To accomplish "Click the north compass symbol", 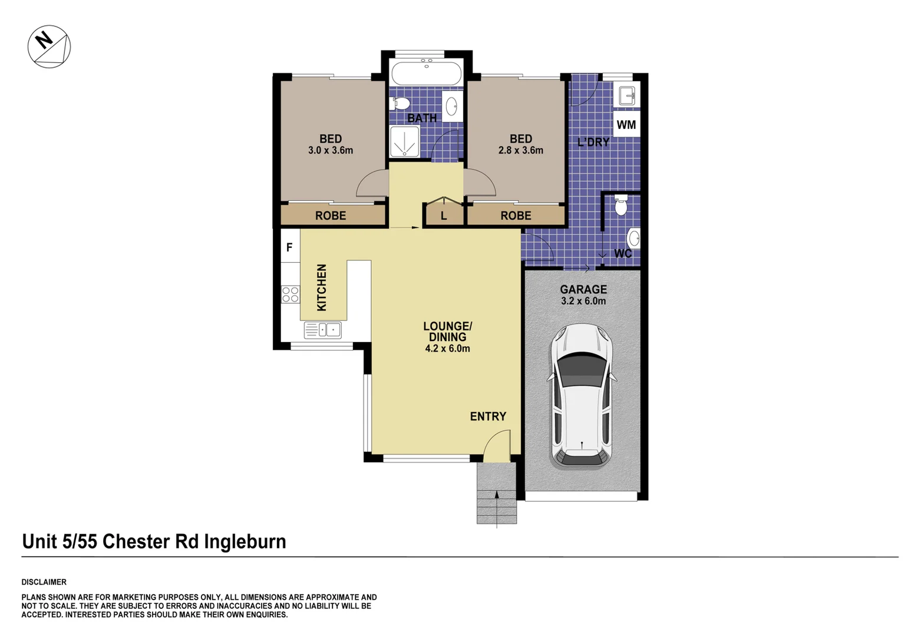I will (x=49, y=47).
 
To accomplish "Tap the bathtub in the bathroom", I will (x=426, y=74).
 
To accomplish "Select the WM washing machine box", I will (x=626, y=125).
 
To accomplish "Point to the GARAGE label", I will (x=583, y=289).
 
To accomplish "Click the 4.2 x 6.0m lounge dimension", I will (x=447, y=349).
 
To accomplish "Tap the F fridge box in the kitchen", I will (x=289, y=247).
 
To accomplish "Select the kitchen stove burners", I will (x=290, y=294).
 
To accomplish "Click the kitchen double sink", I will (x=322, y=330).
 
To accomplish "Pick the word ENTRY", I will (x=488, y=416).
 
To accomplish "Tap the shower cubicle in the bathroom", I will (x=405, y=142).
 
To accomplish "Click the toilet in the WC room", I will (x=620, y=206).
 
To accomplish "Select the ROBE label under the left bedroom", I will (x=331, y=216).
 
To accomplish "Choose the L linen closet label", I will (x=444, y=216).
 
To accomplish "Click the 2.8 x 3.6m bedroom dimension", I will (x=520, y=150).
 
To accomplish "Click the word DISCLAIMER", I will (x=44, y=582).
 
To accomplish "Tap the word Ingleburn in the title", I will (x=245, y=541).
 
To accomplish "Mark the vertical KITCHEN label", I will (x=322, y=287).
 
